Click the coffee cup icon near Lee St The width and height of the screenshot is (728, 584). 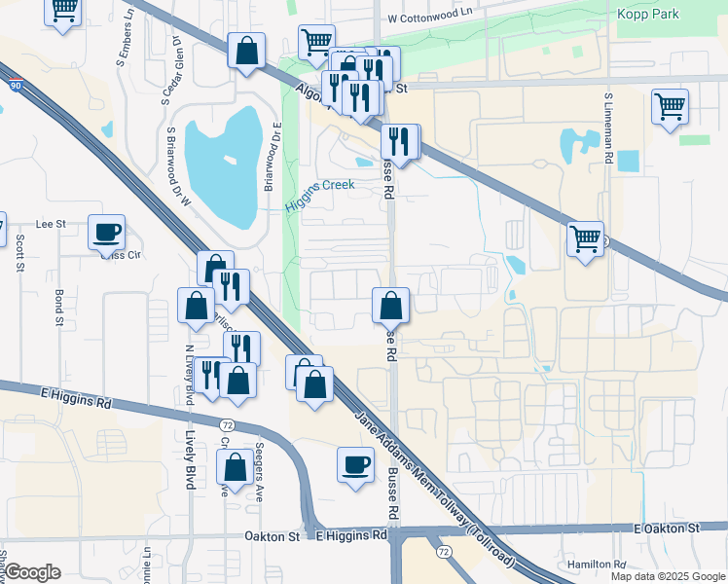pos(107,234)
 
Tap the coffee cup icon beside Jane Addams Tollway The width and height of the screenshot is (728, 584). pos(355,463)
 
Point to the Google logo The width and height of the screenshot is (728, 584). pos(32,572)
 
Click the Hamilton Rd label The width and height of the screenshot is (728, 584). pos(599,565)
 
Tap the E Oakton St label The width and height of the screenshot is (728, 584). pos(667,528)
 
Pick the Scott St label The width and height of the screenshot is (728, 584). pos(19,252)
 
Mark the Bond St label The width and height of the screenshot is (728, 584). pos(58,306)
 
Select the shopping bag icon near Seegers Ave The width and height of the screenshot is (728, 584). pos(236,466)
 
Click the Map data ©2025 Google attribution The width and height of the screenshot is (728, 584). pos(667,576)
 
